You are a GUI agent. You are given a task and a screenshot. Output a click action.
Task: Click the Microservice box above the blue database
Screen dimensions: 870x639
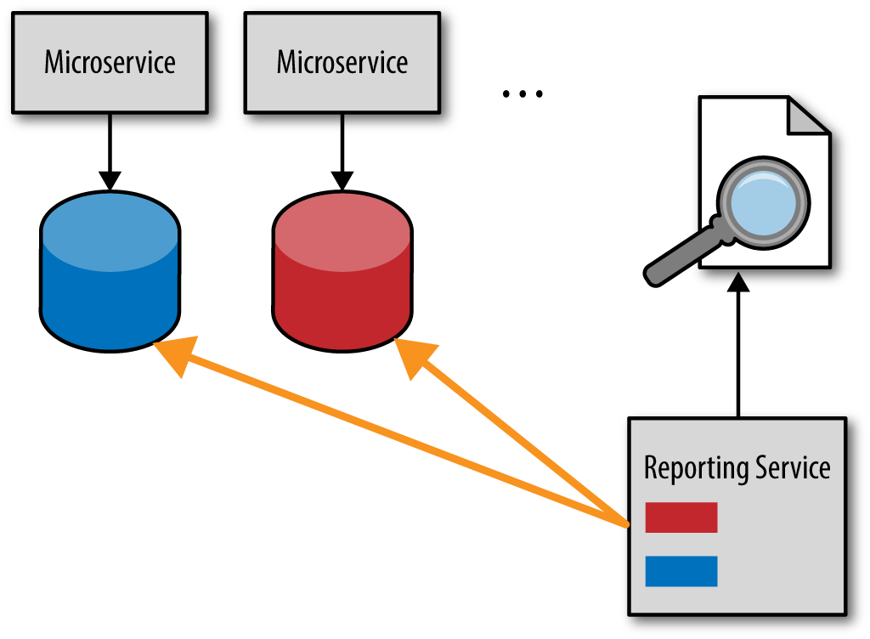click(110, 63)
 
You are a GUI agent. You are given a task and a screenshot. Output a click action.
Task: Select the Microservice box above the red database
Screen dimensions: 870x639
click(342, 63)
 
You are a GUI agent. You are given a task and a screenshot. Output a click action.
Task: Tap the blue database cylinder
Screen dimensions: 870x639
click(110, 271)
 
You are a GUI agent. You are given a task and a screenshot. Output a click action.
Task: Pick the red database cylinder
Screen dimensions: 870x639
click(342, 271)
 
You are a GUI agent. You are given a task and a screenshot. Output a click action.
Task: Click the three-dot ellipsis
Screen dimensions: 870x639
click(523, 93)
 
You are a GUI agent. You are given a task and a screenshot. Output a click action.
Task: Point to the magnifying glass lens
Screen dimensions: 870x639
click(764, 203)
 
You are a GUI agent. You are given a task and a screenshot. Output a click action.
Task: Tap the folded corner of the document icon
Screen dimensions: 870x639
click(809, 116)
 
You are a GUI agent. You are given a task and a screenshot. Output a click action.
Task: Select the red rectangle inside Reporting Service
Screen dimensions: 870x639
click(681, 517)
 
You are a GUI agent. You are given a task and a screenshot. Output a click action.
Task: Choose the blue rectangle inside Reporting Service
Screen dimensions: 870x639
click(681, 571)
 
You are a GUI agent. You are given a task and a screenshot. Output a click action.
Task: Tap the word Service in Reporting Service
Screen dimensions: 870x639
click(794, 467)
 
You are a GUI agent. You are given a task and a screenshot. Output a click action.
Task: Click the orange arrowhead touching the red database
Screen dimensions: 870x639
click(415, 356)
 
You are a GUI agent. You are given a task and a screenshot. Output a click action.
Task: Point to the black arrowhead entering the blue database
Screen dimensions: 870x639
click(110, 181)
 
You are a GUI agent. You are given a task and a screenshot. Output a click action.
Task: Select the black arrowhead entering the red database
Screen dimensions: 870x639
click(342, 181)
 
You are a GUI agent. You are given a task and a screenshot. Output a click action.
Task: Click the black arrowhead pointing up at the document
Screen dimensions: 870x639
click(738, 282)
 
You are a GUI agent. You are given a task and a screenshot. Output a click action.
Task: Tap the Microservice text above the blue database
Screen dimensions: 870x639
click(110, 62)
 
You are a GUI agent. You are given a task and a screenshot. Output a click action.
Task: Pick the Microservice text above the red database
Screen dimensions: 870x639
click(342, 62)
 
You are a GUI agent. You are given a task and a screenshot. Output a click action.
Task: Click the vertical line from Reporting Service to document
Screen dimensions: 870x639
click(738, 353)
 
